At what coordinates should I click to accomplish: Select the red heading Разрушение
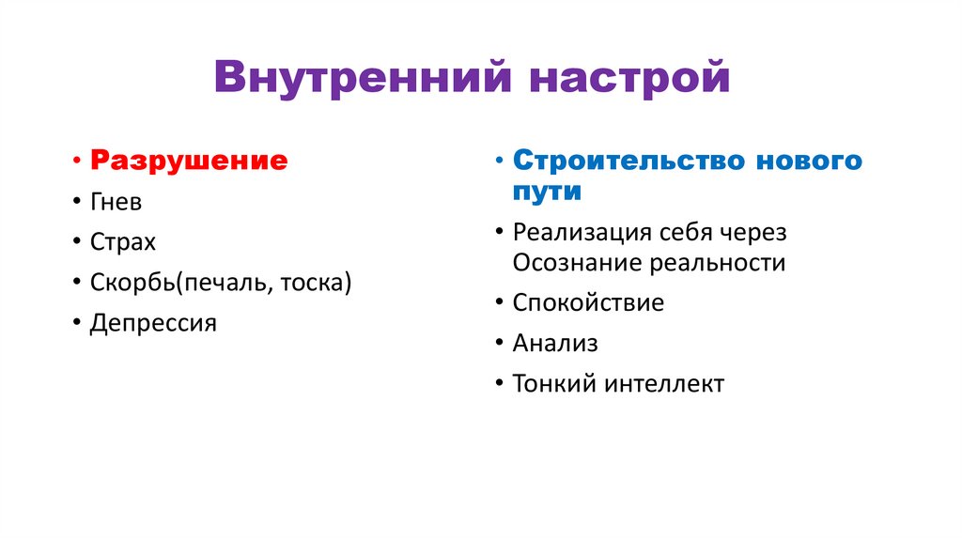pos(189,160)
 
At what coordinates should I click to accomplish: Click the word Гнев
pos(116,201)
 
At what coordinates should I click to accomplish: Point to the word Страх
pos(122,241)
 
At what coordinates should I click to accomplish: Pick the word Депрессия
pos(153,323)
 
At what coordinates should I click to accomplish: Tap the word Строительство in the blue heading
pos(620,160)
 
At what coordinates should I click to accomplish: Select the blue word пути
pos(547,192)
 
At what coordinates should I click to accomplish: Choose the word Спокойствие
pos(588,302)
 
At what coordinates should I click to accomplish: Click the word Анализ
pos(555,344)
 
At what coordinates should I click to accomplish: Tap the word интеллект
pos(664,383)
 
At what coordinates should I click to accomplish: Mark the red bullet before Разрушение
pos(75,161)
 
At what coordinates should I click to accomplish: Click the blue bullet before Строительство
pos(498,161)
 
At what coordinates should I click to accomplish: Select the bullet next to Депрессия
pos(75,324)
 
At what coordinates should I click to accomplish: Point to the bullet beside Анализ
pos(498,344)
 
